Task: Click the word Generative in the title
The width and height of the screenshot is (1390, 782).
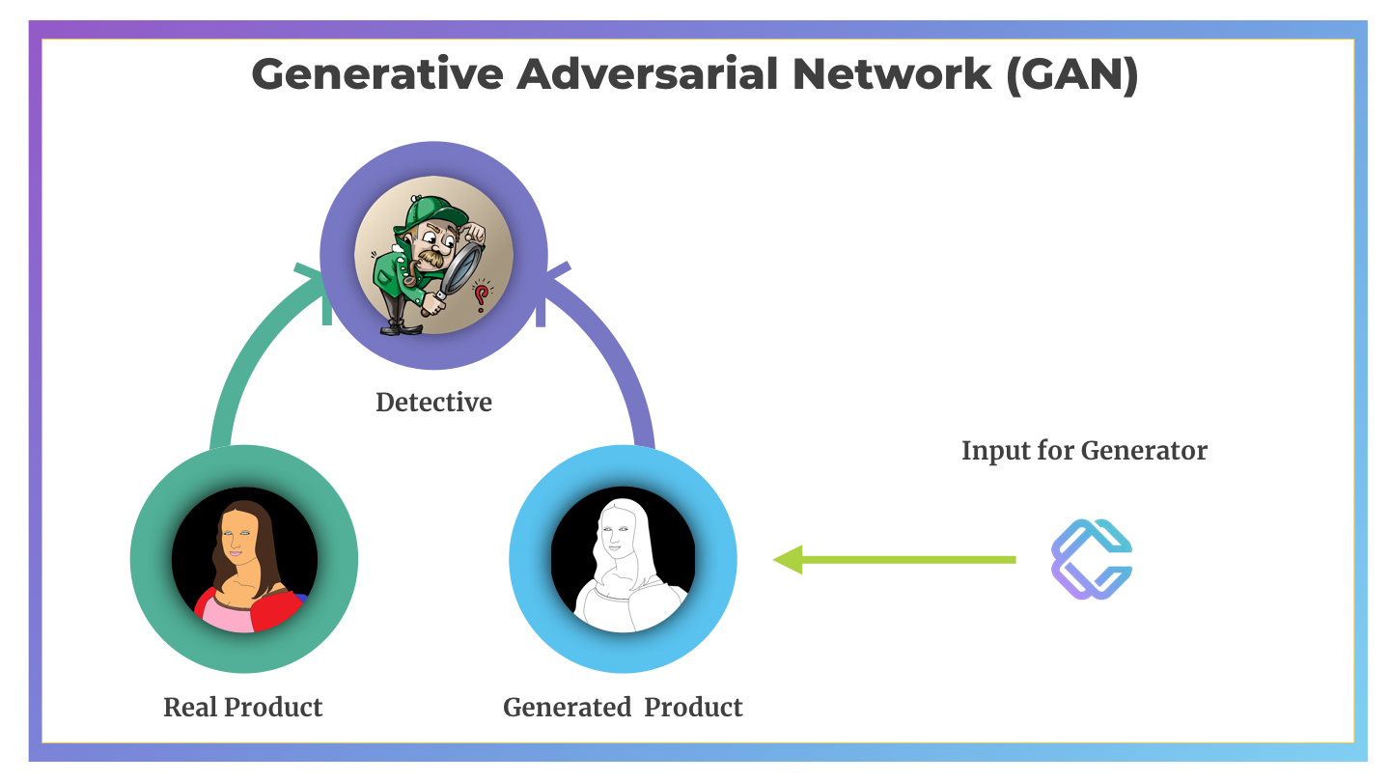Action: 377,73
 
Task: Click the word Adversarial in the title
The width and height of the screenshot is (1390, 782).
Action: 647,73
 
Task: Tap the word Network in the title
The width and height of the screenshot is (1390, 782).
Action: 892,73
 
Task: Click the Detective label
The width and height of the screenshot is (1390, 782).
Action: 433,403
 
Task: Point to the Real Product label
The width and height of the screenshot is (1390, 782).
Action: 242,707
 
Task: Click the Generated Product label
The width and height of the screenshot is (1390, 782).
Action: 623,707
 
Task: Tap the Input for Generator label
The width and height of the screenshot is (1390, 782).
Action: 1084,451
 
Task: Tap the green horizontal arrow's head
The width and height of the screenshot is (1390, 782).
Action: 788,560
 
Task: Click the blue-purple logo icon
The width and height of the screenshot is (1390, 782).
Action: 1092,559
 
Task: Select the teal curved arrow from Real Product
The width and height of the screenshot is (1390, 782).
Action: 248,348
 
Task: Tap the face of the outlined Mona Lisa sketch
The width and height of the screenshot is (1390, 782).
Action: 615,535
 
